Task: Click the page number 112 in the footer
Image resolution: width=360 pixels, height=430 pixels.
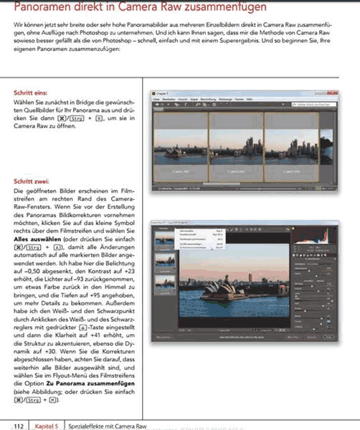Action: click(19, 426)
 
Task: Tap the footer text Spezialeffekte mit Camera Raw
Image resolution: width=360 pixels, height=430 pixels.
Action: click(100, 426)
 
